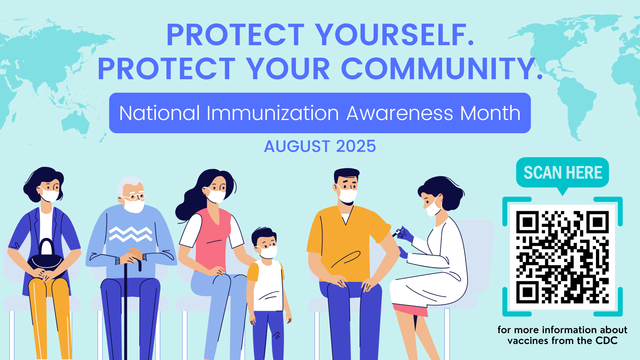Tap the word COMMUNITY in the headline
tap(442, 69)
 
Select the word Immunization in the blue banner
tap(272, 113)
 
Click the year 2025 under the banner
tap(356, 146)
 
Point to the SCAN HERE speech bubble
tap(562, 172)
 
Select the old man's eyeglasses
tap(135, 196)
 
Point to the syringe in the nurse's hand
tap(398, 232)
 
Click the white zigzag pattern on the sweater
tap(130, 234)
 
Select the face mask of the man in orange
tap(348, 194)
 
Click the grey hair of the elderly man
tap(128, 184)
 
